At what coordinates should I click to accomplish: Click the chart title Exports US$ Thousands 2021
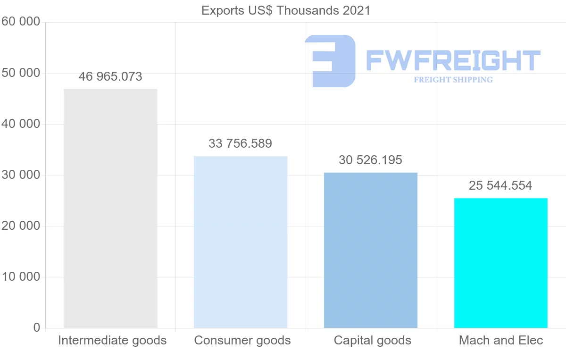point(286,10)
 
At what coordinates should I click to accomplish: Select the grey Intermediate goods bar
point(110,208)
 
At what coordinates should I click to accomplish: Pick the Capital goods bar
point(371,250)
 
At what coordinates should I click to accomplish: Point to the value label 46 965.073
point(110,77)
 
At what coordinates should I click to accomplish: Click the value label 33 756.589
point(241,144)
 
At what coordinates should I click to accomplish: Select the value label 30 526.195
point(371,160)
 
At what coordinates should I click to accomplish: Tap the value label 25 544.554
point(500,186)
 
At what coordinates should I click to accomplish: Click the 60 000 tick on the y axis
point(20,22)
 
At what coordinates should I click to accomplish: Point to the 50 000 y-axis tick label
point(20,73)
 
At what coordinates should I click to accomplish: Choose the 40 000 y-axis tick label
point(20,124)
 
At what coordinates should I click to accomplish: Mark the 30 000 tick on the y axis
point(20,175)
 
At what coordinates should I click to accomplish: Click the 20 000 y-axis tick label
point(20,226)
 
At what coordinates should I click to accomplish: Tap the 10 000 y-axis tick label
point(20,277)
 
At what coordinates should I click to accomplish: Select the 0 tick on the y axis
point(37,328)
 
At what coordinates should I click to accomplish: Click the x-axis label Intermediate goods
point(112,340)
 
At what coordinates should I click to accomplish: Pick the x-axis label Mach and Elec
point(501,340)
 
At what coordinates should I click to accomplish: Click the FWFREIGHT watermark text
point(453,60)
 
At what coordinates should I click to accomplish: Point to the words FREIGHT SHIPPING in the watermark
point(453,80)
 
